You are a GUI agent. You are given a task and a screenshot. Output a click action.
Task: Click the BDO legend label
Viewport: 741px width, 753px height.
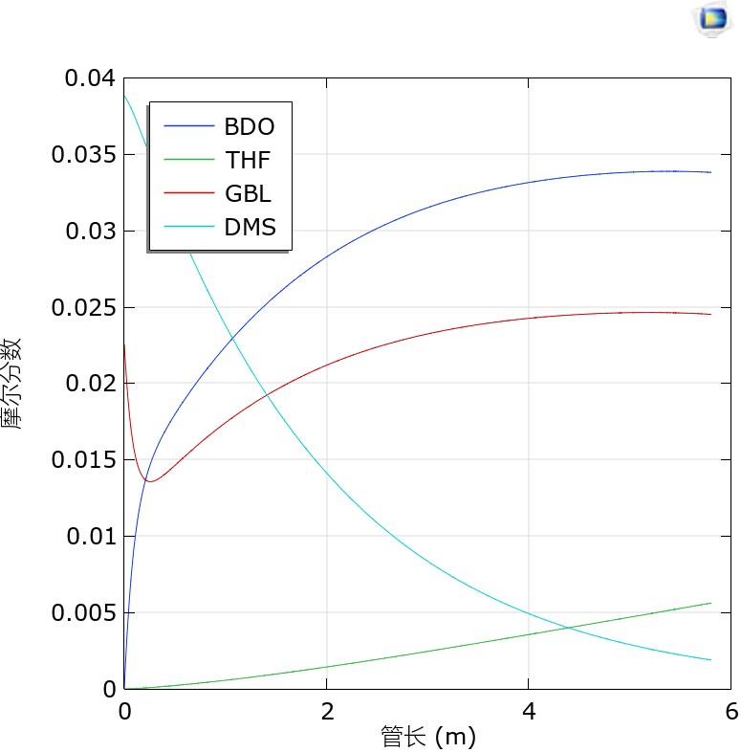point(249,126)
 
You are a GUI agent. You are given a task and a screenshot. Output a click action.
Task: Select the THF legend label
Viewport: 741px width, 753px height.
point(249,160)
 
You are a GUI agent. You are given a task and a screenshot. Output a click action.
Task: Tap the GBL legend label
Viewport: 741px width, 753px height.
point(249,193)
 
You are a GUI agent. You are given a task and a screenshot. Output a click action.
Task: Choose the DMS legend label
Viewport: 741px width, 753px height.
point(250,227)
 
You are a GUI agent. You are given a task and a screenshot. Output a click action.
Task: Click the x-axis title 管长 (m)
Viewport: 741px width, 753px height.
point(427,737)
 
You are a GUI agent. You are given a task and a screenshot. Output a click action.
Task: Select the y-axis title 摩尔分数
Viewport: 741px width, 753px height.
point(13,383)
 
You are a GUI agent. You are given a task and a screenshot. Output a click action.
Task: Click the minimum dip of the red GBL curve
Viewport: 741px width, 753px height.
point(150,481)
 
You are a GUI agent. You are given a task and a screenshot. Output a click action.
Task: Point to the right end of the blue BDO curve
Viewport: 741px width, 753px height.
point(711,172)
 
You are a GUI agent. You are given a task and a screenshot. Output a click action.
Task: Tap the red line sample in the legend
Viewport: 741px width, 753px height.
point(188,193)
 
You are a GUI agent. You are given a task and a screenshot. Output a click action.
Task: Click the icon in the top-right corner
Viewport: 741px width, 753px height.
point(712,17)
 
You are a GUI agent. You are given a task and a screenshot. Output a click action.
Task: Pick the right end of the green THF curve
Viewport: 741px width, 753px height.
point(711,603)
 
